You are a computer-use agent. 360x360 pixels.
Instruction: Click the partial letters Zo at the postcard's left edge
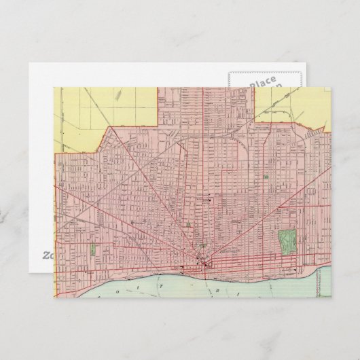[x=48, y=256]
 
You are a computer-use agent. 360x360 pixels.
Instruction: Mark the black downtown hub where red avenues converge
[x=202, y=262]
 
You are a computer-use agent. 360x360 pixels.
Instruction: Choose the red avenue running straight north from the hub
[x=202, y=170]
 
